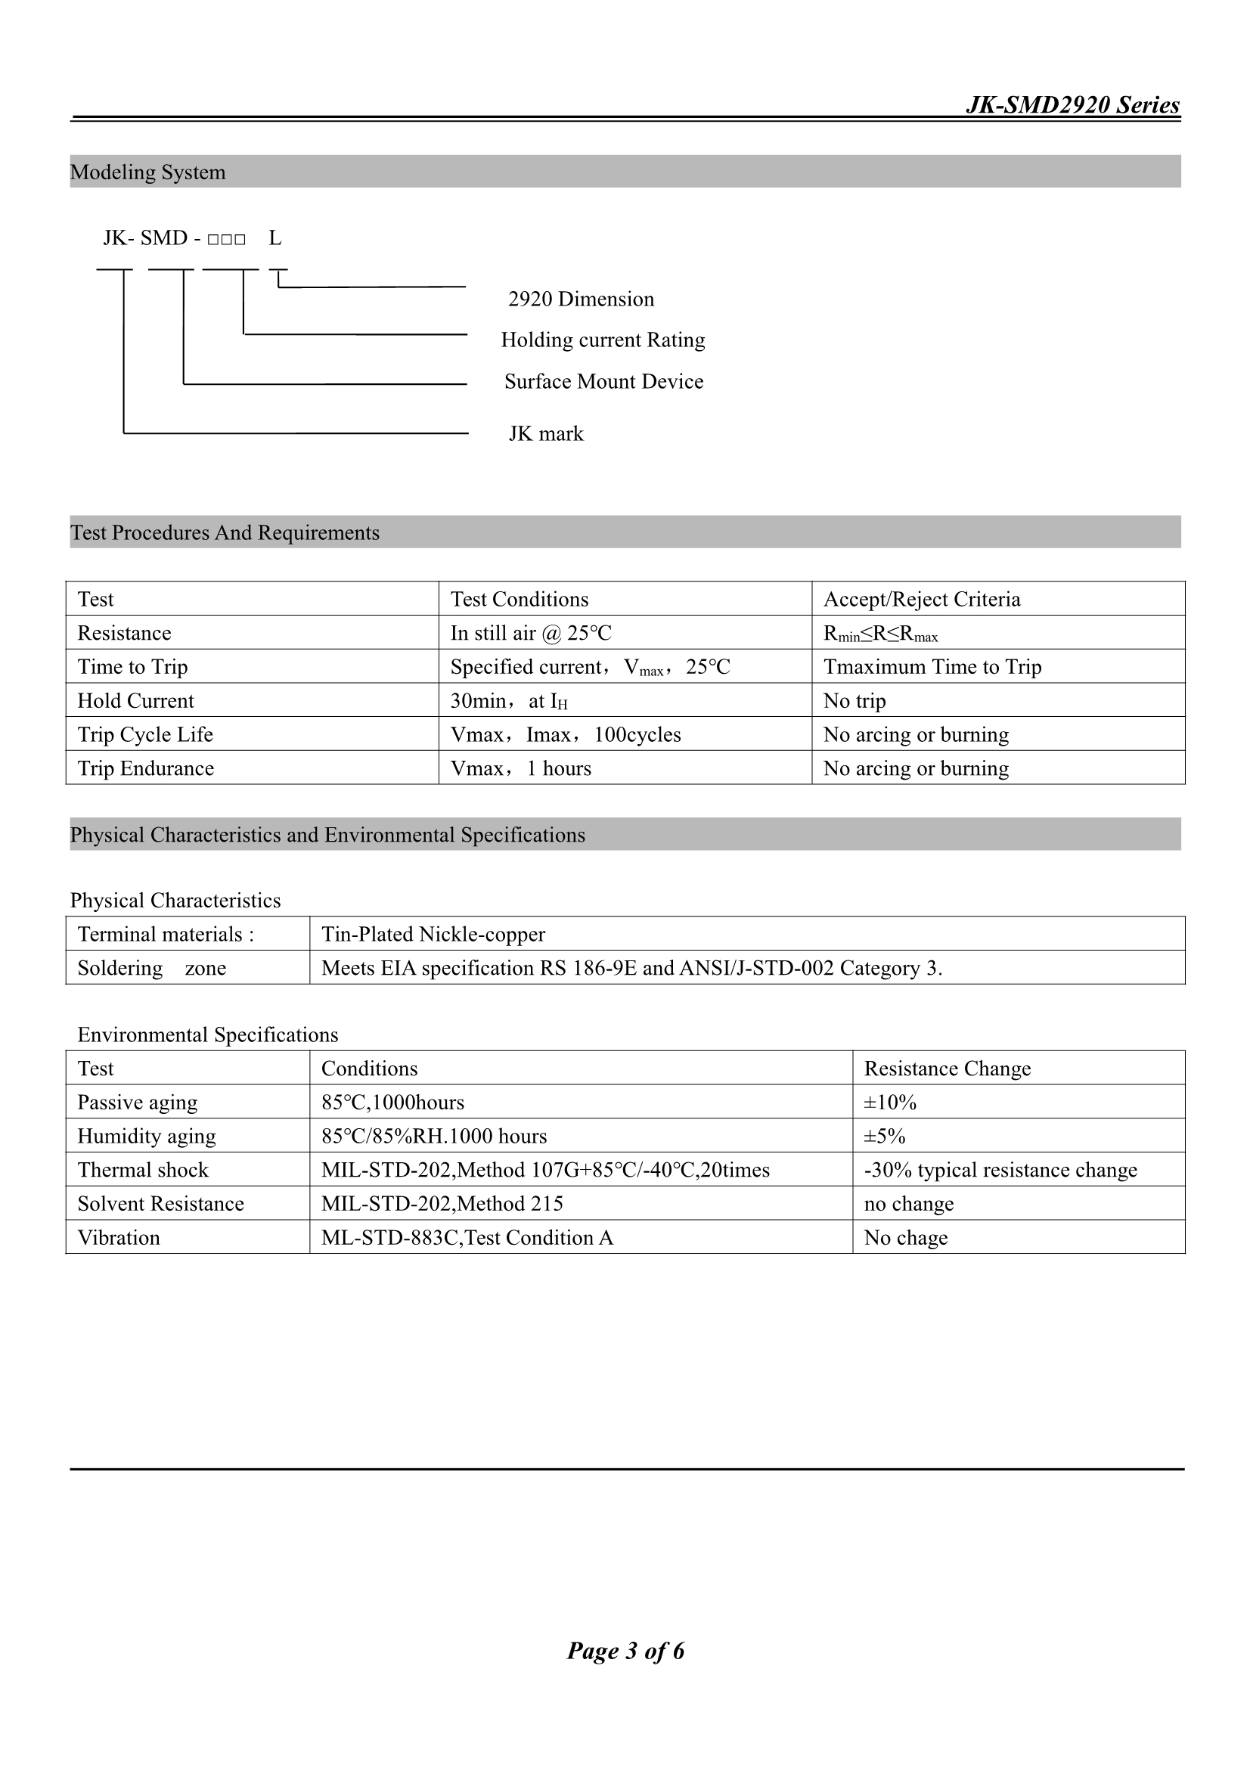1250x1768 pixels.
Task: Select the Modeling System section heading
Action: pyautogui.click(x=148, y=172)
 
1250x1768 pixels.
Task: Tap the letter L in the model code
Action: pyautogui.click(x=275, y=238)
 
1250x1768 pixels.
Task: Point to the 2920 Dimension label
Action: pyautogui.click(x=581, y=299)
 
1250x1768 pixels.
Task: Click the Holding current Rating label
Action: pyautogui.click(x=602, y=340)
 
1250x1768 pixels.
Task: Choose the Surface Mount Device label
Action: pyautogui.click(x=603, y=381)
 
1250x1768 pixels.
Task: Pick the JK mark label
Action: pyautogui.click(x=545, y=433)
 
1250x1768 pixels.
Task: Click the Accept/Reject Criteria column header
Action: pyautogui.click(x=921, y=599)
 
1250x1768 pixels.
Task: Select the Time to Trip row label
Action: pyautogui.click(x=132, y=667)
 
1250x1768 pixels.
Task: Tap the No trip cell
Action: pyautogui.click(x=854, y=701)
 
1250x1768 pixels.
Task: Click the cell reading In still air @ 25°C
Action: pyautogui.click(x=531, y=633)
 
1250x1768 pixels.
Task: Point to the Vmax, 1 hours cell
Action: pyautogui.click(x=520, y=768)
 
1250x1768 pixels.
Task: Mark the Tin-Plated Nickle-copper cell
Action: pyautogui.click(x=433, y=934)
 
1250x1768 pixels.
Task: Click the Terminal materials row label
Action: pyautogui.click(x=166, y=934)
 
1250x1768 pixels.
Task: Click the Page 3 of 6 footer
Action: pyautogui.click(x=625, y=1650)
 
